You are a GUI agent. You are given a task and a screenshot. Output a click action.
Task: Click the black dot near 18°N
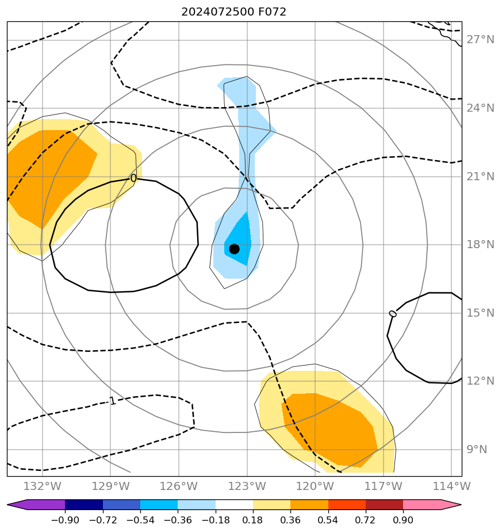234,249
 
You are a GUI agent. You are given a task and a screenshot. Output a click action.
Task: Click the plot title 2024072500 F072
233,12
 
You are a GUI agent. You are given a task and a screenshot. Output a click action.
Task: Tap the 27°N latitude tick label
480,40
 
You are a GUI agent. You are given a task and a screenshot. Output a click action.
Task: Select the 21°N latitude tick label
480,177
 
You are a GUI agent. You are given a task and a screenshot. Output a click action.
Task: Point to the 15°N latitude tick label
480,313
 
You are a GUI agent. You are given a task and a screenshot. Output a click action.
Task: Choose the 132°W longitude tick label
42,486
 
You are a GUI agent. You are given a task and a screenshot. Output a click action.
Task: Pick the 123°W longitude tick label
247,486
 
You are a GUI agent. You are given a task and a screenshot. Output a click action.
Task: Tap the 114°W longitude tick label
452,486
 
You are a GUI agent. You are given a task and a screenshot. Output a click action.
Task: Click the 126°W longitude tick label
178,486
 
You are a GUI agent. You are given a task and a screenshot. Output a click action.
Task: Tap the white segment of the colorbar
234,505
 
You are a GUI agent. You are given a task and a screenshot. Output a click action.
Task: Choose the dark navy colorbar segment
84,505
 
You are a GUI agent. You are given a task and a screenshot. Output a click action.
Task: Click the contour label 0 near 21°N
133,178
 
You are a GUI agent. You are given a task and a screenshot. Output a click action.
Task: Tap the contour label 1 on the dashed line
113,401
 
